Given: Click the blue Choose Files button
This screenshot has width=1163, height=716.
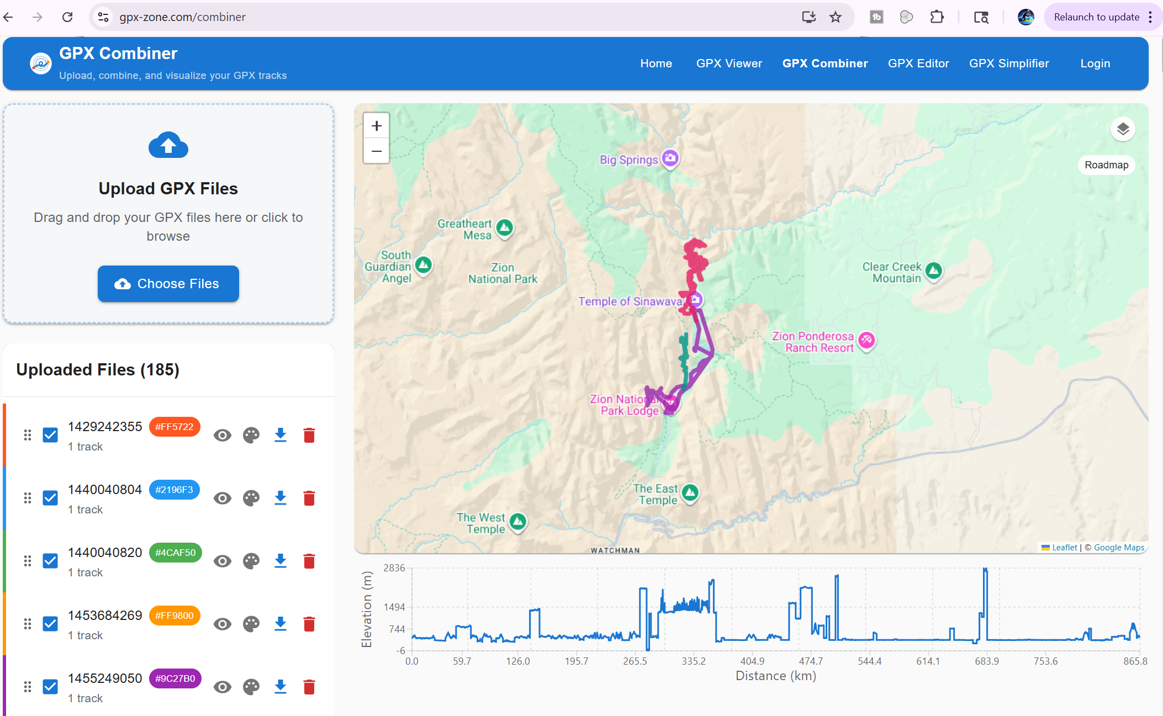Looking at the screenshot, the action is pyautogui.click(x=168, y=284).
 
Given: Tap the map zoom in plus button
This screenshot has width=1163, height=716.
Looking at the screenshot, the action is pyautogui.click(x=377, y=126).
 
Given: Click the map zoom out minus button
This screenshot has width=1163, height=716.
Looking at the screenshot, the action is pyautogui.click(x=377, y=151).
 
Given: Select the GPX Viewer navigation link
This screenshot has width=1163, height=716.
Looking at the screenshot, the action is pyautogui.click(x=729, y=63).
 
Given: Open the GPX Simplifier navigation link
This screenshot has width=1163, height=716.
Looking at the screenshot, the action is pyautogui.click(x=1009, y=63).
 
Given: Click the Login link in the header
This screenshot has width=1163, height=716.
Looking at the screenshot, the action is pyautogui.click(x=1095, y=63).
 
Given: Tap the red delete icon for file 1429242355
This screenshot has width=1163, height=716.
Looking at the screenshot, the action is pyautogui.click(x=309, y=436).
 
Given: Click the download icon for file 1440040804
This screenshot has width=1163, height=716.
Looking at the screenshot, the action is pyautogui.click(x=281, y=498).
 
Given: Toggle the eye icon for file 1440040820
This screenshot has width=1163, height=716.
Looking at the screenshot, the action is pyautogui.click(x=223, y=561).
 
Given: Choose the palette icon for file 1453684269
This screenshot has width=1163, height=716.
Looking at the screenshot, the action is pyautogui.click(x=251, y=624).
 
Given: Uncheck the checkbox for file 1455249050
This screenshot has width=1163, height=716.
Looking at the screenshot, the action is pyautogui.click(x=50, y=687).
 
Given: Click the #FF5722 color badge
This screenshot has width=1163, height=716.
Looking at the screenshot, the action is pyautogui.click(x=175, y=427).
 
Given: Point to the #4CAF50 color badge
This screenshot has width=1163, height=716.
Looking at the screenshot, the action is pyautogui.click(x=176, y=553).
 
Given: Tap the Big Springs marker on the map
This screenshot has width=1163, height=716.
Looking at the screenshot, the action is pyautogui.click(x=670, y=158).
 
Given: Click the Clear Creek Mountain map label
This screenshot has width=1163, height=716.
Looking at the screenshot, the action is pyautogui.click(x=892, y=273).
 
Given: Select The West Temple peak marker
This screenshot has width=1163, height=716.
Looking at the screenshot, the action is pyautogui.click(x=518, y=521).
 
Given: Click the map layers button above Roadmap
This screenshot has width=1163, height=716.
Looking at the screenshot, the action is pyautogui.click(x=1123, y=129).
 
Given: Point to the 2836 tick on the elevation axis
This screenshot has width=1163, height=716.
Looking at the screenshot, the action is pyautogui.click(x=394, y=568).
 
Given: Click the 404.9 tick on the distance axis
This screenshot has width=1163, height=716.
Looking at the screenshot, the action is pyautogui.click(x=752, y=661).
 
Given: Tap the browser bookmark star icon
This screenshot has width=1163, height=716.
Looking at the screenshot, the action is pyautogui.click(x=836, y=17).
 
